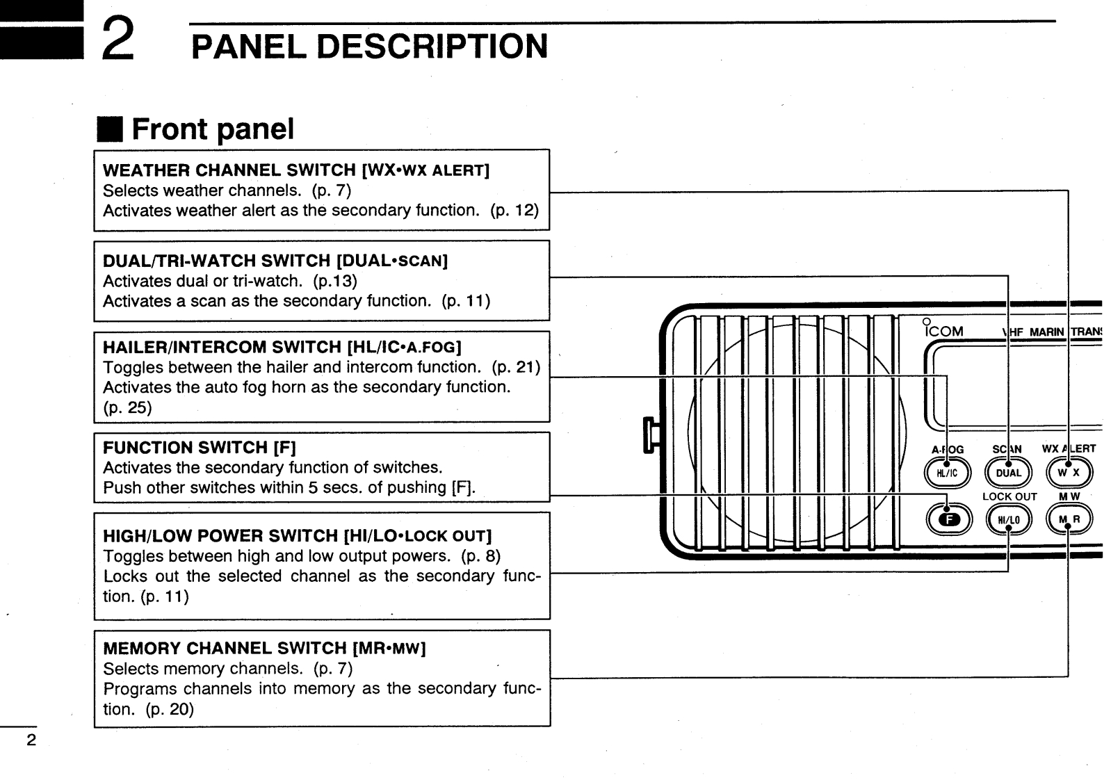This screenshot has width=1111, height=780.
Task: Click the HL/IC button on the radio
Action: pos(947,473)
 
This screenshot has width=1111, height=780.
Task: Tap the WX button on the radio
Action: pos(1069,473)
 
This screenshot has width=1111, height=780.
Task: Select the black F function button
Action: pos(948,519)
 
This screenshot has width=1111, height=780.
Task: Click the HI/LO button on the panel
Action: pos(1008,519)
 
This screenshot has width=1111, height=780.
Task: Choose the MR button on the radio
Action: pos(1069,519)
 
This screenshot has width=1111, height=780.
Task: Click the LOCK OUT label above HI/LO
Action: pos(1009,496)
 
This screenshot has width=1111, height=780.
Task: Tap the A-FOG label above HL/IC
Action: pos(947,450)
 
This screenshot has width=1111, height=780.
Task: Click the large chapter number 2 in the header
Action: pos(118,39)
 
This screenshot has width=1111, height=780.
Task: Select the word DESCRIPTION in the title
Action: pos(432,47)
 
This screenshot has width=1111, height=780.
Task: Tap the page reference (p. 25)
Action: pos(127,407)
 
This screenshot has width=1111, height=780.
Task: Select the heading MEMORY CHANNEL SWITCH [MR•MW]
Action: pos(264,649)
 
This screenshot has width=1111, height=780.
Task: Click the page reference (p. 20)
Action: pos(170,709)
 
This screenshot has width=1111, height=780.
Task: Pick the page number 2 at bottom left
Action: pos(30,740)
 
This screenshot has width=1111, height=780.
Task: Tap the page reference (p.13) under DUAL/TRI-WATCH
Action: pos(335,281)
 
